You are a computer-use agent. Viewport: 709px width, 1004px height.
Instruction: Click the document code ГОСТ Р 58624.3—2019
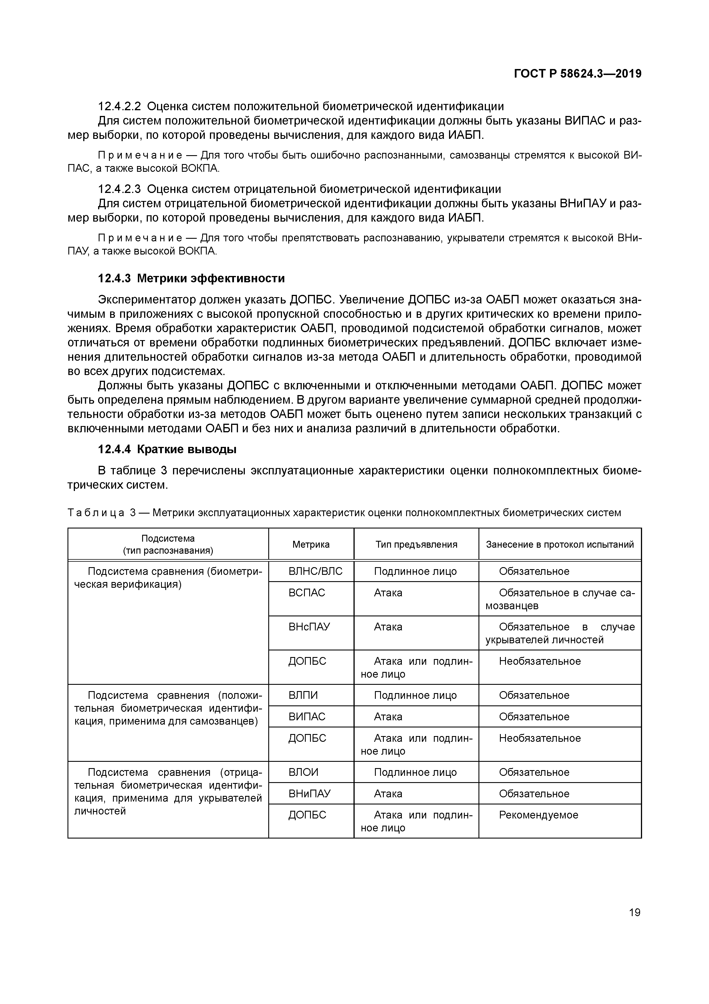(x=577, y=74)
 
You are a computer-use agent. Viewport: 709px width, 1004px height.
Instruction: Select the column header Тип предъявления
(x=416, y=545)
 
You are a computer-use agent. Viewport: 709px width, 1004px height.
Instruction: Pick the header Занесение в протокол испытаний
(x=560, y=545)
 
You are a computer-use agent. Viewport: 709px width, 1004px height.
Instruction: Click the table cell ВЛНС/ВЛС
(x=315, y=571)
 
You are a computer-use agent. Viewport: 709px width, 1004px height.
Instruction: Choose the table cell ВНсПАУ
(x=309, y=627)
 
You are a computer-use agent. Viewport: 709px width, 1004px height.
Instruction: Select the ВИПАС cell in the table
(x=307, y=717)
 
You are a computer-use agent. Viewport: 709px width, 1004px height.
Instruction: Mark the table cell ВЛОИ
(x=303, y=772)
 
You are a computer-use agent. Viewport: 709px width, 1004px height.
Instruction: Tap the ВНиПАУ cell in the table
(x=309, y=794)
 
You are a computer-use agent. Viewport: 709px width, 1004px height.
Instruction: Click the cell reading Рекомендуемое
(x=538, y=815)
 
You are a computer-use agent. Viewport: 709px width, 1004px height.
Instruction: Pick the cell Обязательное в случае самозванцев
(x=560, y=599)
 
